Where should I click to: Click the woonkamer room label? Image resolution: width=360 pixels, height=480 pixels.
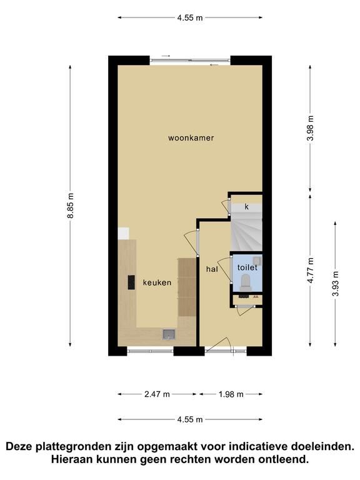click(x=191, y=137)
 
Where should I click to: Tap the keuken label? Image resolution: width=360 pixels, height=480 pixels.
click(x=157, y=282)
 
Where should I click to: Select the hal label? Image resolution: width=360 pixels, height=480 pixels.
click(x=212, y=269)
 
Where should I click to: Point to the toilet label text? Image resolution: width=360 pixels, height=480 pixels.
click(x=247, y=267)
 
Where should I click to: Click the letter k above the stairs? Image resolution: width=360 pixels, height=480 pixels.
click(x=247, y=207)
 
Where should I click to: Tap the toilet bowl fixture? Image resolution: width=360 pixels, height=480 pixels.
click(x=246, y=283)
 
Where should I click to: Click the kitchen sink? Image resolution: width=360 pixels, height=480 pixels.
click(x=169, y=334)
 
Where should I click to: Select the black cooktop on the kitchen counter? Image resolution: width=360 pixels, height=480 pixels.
click(x=131, y=282)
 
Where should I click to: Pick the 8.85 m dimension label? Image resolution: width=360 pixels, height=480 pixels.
click(x=71, y=206)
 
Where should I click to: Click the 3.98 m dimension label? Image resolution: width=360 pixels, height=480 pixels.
click(x=311, y=128)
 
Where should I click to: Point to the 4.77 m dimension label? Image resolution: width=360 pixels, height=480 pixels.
click(x=311, y=270)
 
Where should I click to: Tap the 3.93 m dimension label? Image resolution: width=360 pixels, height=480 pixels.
click(x=336, y=284)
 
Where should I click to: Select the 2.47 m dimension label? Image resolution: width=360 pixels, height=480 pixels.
click(x=157, y=394)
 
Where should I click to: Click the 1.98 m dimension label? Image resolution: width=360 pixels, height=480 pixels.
click(x=231, y=394)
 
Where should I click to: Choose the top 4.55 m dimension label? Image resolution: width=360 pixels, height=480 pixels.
click(x=190, y=17)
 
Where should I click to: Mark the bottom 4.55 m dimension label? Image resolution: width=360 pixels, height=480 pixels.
click(x=190, y=419)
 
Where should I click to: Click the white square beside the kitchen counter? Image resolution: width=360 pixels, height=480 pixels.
click(x=123, y=233)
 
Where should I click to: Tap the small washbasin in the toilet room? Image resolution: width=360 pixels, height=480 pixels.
click(x=258, y=261)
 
